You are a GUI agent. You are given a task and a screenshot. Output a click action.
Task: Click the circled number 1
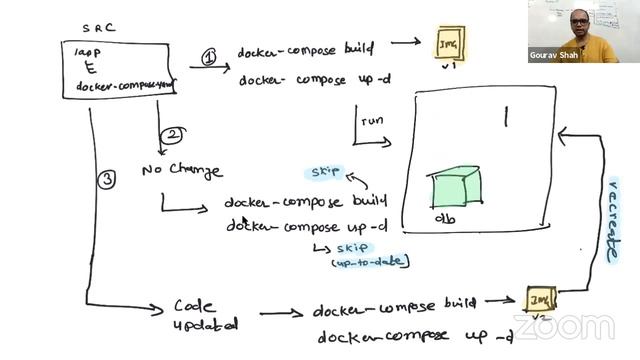point(208,57)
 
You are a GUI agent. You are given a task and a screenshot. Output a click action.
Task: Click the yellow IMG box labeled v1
point(448,43)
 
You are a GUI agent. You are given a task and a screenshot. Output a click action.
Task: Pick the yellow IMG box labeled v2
point(541,300)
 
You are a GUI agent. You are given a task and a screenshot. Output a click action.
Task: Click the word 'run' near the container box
point(372,121)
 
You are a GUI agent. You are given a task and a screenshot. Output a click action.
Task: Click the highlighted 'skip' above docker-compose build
point(326,172)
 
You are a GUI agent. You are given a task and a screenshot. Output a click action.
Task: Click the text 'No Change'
point(182,170)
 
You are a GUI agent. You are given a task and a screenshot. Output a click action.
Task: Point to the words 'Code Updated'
point(205,315)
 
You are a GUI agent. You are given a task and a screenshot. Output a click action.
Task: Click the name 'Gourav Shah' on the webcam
point(556,56)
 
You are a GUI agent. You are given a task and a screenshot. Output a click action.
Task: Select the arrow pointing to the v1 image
point(404,44)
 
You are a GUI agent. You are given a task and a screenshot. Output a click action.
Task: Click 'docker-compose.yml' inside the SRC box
point(123,86)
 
